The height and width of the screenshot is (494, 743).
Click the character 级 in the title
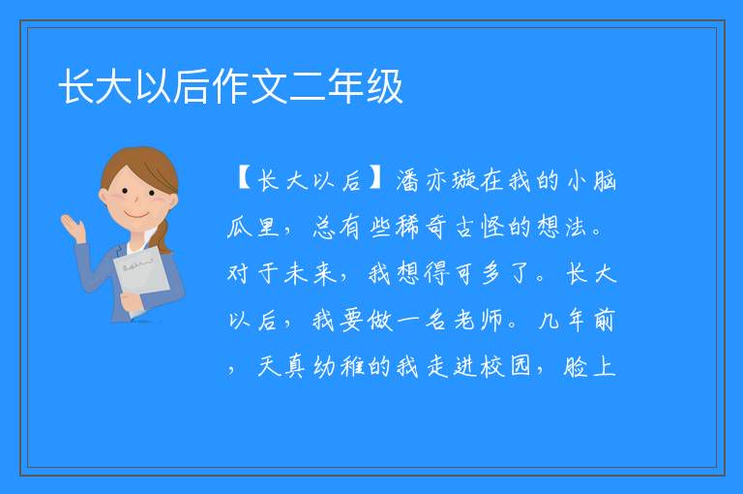[384, 86]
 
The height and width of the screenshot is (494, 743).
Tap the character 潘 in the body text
[407, 181]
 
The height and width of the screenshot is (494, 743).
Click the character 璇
[464, 181]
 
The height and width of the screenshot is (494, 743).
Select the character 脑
[605, 181]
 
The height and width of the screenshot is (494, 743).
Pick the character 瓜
[239, 227]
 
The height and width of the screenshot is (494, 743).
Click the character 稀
[407, 227]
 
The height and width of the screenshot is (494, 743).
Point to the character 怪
[491, 227]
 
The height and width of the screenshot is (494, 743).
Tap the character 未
[295, 273]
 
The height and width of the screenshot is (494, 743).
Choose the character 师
[491, 320]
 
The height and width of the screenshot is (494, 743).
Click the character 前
[605, 320]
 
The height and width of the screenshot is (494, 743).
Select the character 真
[295, 366]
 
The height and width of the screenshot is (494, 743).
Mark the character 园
[520, 366]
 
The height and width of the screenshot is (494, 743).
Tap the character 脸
[577, 366]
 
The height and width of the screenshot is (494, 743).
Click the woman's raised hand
[73, 228]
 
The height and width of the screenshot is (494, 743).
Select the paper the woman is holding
[140, 276]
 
